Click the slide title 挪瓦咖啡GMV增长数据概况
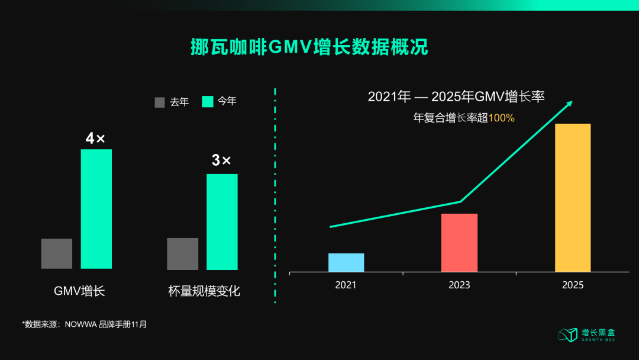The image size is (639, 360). point(309,47)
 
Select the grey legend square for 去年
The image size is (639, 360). point(160,102)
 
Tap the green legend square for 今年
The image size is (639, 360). point(208,102)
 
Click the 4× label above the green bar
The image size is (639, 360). point(95,139)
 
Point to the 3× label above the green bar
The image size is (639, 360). point(221,160)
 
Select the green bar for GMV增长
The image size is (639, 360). point(96,208)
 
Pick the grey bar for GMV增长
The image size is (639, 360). point(57,253)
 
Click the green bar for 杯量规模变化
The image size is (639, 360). point(222,221)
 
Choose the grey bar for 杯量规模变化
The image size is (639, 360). point(183,253)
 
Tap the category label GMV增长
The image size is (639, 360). point(79,291)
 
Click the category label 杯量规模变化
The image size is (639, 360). point(204,291)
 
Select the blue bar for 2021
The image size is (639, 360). point(346,262)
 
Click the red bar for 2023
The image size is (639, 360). point(459,243)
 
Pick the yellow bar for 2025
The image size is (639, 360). point(573,198)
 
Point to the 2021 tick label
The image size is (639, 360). point(346,285)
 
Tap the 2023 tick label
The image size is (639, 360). point(459,285)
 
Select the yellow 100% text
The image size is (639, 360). point(502,118)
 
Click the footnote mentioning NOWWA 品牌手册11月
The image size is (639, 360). point(85,324)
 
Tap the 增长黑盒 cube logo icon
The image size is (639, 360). point(567,335)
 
